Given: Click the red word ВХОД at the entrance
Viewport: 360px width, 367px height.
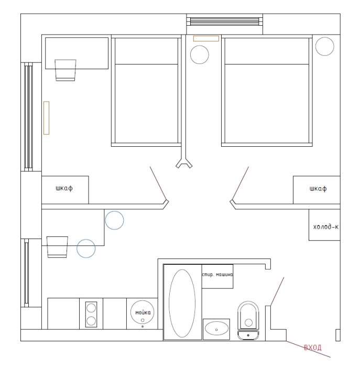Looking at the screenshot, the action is [x=312, y=348].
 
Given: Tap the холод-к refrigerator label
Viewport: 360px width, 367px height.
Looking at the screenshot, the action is [x=325, y=226].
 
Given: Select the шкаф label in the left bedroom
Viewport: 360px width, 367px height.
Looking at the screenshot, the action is [x=64, y=188].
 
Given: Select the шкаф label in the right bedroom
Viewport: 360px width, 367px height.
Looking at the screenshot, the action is [x=318, y=189].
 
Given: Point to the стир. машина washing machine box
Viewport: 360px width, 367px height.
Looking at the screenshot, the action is [x=217, y=276].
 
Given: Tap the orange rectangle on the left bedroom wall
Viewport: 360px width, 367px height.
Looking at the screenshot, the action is [x=46, y=118].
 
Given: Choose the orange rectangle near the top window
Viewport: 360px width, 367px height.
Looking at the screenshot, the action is [x=206, y=38].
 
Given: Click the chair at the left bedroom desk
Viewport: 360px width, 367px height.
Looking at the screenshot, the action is [x=66, y=70].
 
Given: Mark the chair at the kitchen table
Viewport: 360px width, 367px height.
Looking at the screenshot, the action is [x=57, y=247].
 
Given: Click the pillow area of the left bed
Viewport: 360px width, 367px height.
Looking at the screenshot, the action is [x=146, y=51].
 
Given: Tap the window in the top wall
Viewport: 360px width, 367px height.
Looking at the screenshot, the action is [x=225, y=21].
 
